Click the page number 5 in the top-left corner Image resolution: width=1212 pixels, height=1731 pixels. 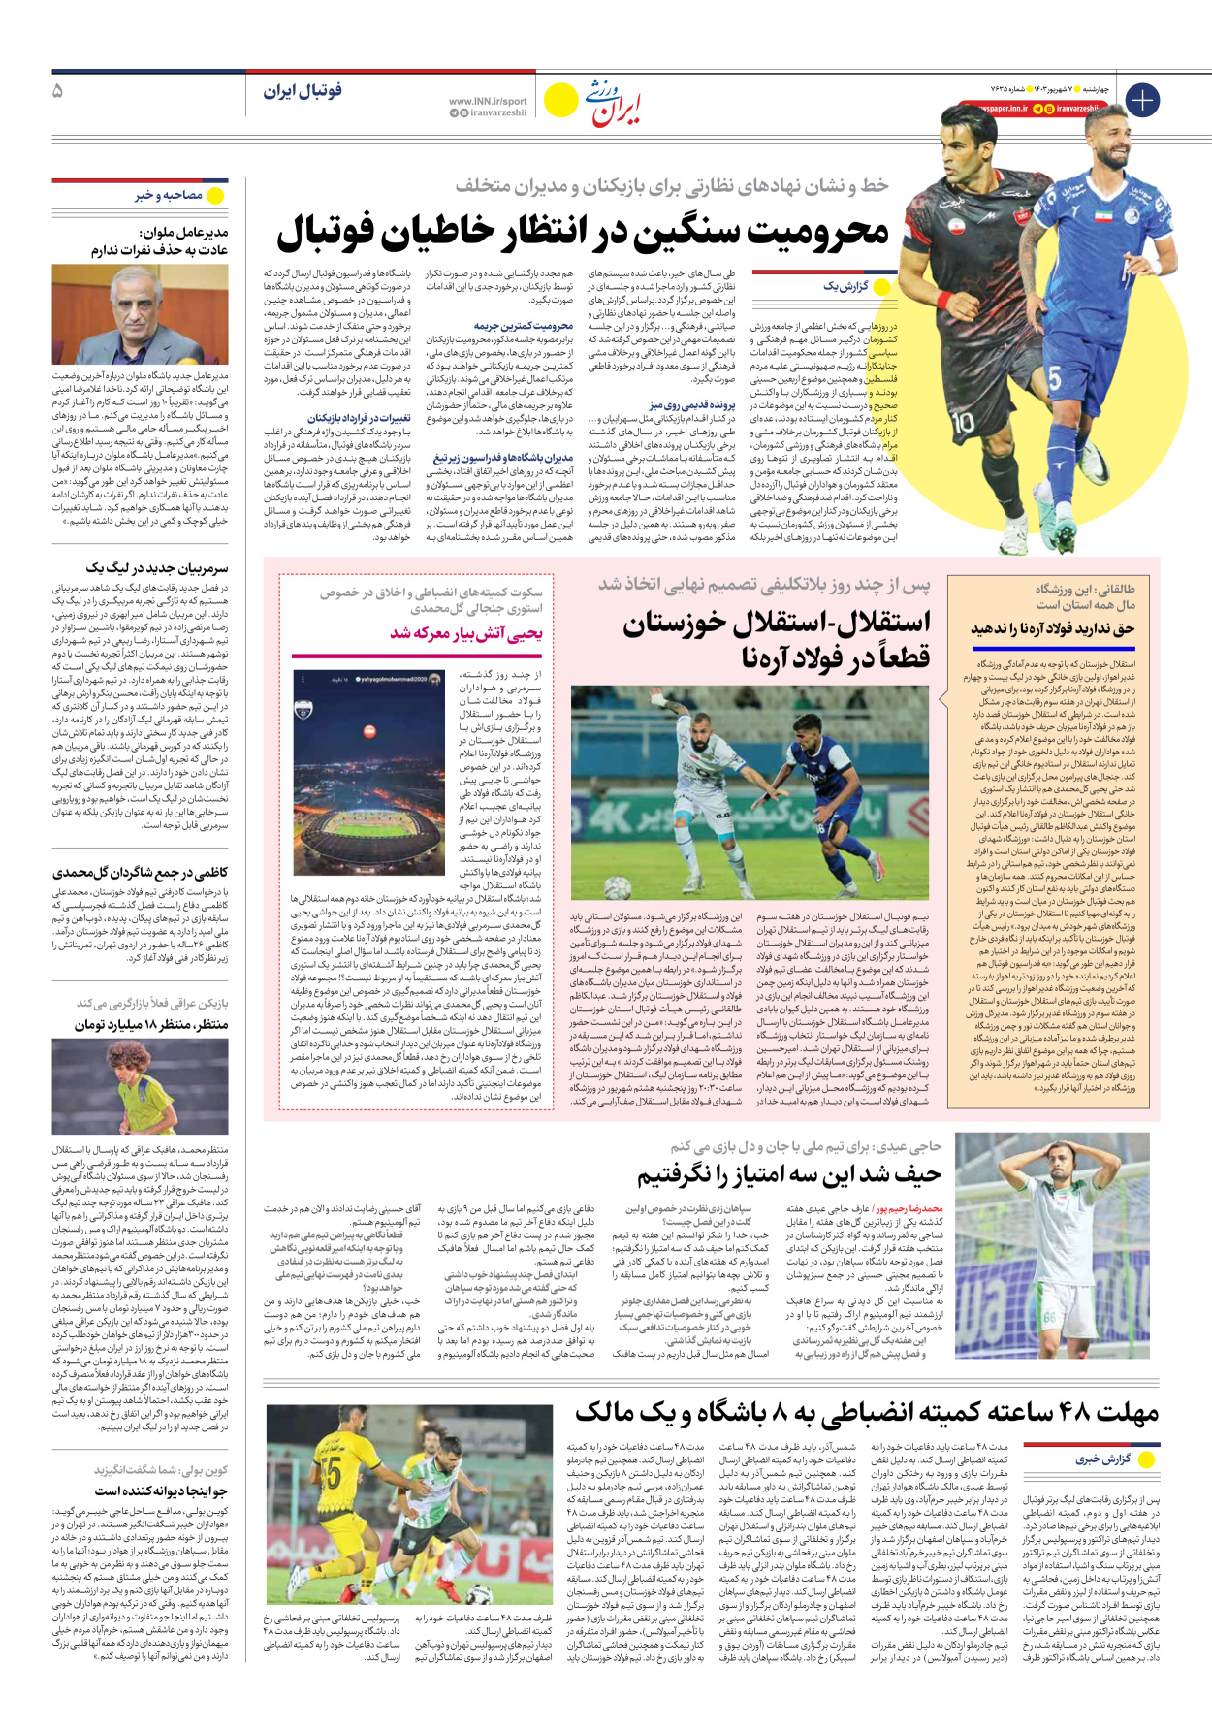tap(57, 91)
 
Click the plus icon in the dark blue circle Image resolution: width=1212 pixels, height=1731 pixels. tap(1142, 100)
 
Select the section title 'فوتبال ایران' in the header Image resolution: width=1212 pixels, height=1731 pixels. tap(303, 91)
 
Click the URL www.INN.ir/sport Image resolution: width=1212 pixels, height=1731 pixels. tap(488, 101)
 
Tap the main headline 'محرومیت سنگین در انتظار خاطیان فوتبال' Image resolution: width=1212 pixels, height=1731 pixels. tap(583, 233)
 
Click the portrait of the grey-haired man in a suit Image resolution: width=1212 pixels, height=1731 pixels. tap(140, 314)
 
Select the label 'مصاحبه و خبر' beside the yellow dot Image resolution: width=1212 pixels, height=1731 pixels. tap(169, 196)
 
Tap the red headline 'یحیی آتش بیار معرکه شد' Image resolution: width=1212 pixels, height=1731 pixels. tap(466, 633)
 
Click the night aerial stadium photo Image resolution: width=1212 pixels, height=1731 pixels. tap(368, 773)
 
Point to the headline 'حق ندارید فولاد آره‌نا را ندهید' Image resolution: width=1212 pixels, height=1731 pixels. tap(1052, 628)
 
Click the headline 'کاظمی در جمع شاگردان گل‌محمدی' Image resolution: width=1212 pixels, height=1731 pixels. tap(141, 873)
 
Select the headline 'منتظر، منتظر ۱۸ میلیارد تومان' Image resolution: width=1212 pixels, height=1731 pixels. tap(151, 1024)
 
